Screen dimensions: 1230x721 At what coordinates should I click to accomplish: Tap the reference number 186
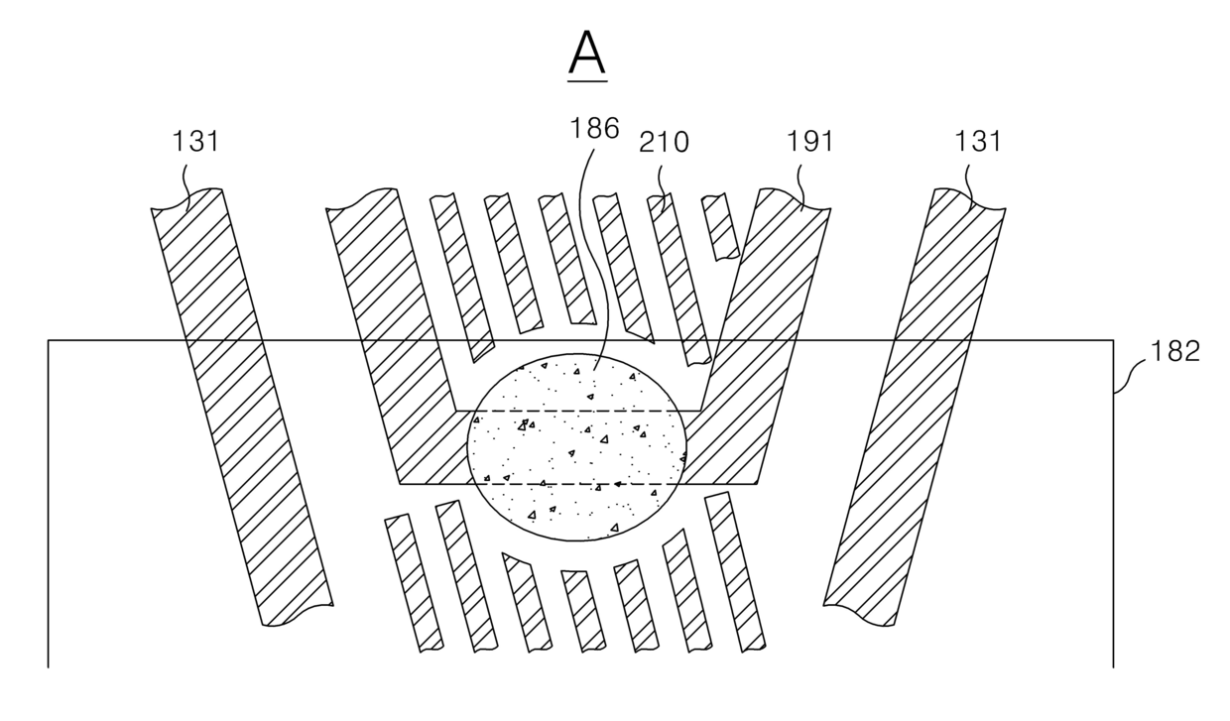(595, 128)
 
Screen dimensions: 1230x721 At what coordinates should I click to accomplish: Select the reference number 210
(664, 142)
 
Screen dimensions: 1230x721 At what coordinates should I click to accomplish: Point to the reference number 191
(810, 141)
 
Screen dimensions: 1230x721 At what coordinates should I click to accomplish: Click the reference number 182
(1174, 351)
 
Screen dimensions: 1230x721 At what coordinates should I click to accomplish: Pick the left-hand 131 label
(195, 141)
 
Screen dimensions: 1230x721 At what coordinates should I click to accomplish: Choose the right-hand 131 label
(978, 141)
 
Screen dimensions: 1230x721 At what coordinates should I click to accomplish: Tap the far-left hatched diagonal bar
(242, 408)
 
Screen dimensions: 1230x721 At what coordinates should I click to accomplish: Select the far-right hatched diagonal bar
(915, 408)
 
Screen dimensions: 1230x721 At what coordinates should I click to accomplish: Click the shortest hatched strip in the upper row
(721, 226)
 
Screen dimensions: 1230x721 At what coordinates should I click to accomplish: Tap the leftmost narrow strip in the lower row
(414, 583)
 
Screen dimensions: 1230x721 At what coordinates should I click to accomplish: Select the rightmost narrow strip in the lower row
(735, 571)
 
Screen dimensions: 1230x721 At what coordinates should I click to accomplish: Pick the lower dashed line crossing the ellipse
(576, 484)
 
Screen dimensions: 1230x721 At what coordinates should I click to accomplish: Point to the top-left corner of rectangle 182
(49, 340)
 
